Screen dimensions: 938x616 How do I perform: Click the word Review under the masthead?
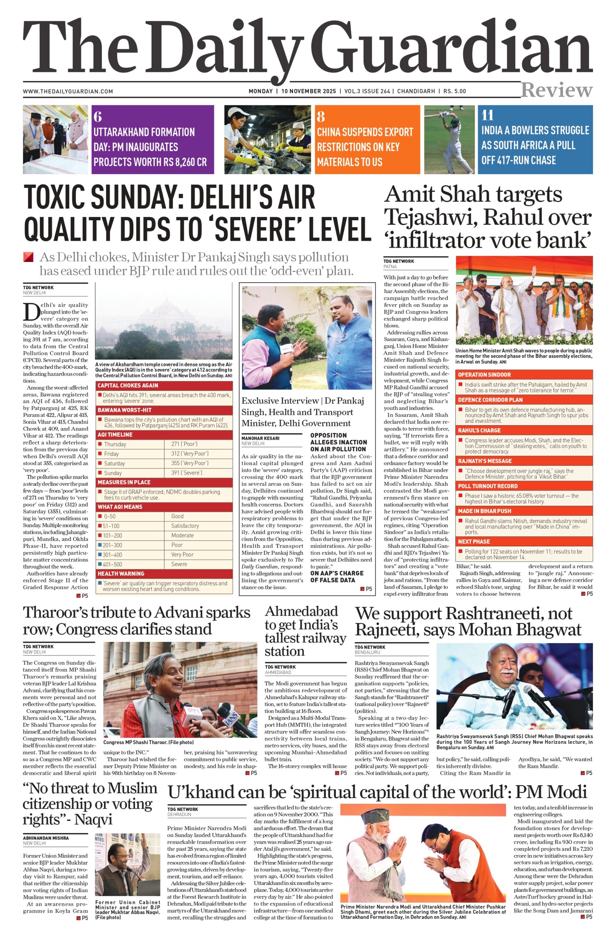(556, 90)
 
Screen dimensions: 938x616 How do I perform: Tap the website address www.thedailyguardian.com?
(68, 92)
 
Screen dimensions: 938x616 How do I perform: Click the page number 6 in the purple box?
(98, 117)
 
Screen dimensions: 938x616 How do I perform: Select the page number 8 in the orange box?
(321, 117)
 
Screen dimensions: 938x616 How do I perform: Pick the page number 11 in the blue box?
(487, 115)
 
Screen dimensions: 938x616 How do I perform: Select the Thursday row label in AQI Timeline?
(115, 444)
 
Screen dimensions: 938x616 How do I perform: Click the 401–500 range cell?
(112, 564)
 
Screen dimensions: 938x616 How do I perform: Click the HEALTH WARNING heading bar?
(121, 574)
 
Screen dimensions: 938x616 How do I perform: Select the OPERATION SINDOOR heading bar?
(484, 375)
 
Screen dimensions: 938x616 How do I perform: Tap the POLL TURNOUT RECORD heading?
(487, 486)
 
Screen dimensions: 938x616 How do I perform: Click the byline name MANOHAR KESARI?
(260, 438)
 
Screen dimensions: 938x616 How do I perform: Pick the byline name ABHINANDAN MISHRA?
(46, 838)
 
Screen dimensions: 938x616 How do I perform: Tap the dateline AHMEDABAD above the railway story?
(278, 672)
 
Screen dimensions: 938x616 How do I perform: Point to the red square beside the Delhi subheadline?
(28, 257)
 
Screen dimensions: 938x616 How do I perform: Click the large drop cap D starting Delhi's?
(31, 311)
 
